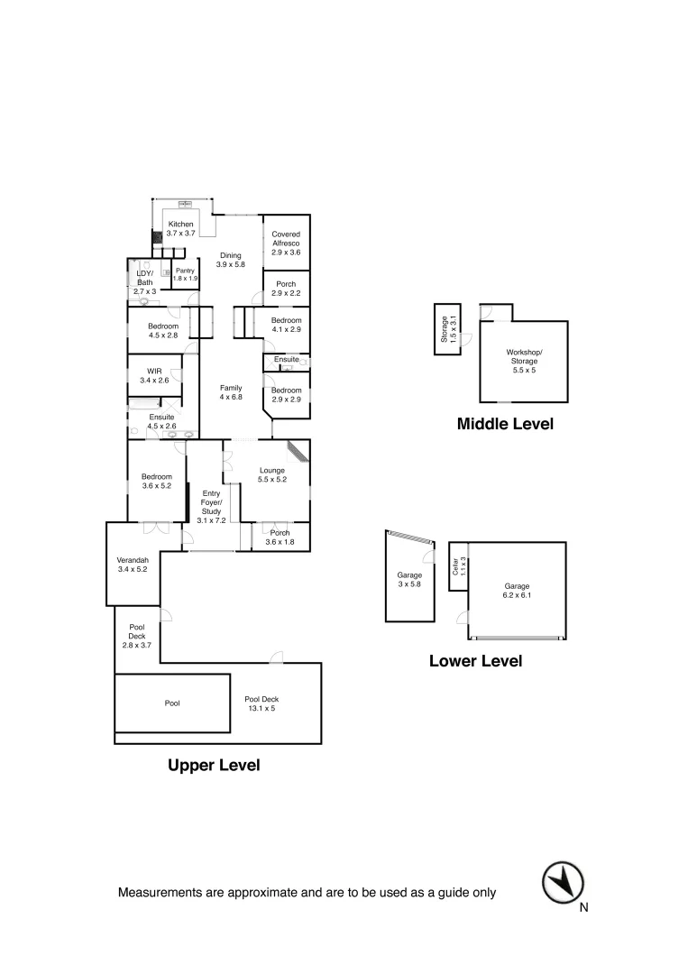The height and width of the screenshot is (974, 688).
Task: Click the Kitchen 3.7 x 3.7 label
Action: click(x=180, y=228)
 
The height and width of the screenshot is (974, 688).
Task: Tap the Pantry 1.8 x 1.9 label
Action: click(x=185, y=274)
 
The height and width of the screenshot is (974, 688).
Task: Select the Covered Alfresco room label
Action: click(x=286, y=243)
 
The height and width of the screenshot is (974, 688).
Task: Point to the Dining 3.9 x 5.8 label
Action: click(x=231, y=260)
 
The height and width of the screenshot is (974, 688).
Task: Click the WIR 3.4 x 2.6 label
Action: click(x=154, y=375)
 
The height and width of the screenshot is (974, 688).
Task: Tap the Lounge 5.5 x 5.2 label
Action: click(x=272, y=474)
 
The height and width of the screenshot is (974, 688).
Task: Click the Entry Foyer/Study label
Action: click(x=211, y=502)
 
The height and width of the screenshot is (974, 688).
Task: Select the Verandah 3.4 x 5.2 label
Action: click(x=133, y=564)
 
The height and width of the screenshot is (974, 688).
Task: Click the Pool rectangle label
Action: click(x=172, y=703)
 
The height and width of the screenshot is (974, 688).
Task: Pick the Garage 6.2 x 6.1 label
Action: click(x=517, y=591)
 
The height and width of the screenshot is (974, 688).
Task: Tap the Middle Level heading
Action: click(x=505, y=423)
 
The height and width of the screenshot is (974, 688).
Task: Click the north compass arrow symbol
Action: click(x=564, y=881)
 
